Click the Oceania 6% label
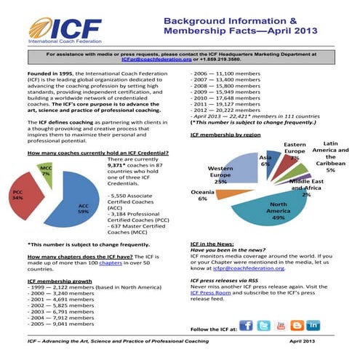coord(202,194)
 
